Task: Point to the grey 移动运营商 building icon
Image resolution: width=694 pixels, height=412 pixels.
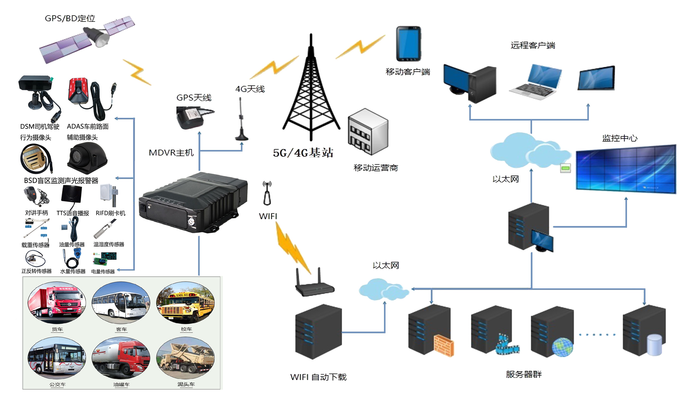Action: [368, 132]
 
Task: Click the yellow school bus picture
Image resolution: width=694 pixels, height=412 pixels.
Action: [185, 303]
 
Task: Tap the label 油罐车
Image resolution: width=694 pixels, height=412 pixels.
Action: [121, 384]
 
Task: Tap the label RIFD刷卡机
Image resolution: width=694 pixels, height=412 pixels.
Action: [111, 213]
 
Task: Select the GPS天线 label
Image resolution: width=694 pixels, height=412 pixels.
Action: [194, 98]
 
